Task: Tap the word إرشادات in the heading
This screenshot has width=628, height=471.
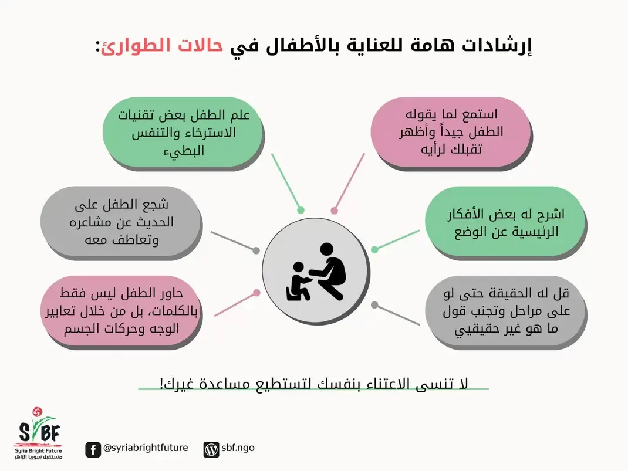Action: coord(496,46)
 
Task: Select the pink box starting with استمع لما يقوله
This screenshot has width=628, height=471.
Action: coord(450,131)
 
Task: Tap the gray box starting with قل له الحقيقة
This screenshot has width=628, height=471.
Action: coord(505,310)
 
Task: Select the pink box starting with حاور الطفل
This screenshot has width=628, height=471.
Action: coord(120,310)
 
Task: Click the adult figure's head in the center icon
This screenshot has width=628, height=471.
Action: coord(326,249)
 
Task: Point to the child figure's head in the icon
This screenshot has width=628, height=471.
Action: coord(298,267)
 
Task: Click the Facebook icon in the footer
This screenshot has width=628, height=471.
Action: coord(93,449)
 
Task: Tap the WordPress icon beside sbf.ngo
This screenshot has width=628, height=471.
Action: coord(211,449)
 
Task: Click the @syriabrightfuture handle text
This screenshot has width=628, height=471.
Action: coord(146,448)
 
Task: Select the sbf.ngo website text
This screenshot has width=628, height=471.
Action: coord(238,448)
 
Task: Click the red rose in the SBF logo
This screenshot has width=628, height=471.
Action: coord(37,411)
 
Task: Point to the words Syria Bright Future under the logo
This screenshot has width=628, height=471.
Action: coord(39,451)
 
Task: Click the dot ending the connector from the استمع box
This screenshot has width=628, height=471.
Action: coord(334,211)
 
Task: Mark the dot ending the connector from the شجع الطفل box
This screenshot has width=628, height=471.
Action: coord(256,250)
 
